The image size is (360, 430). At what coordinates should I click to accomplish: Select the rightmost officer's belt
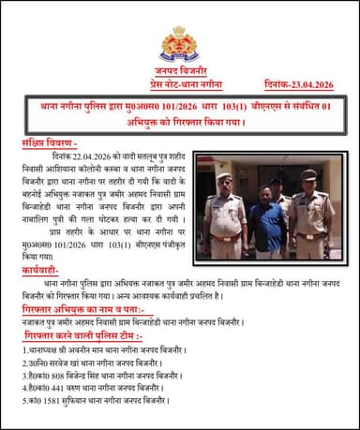coord(310,234)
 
